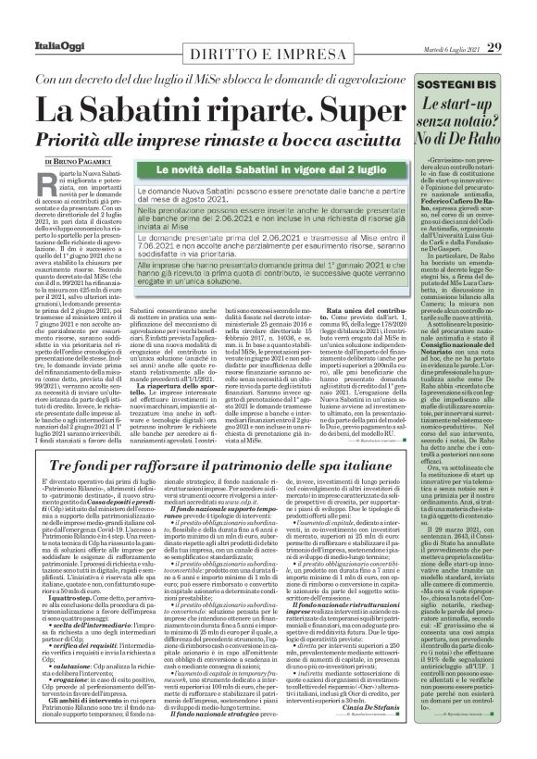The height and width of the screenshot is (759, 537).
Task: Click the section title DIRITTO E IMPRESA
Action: (265, 55)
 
